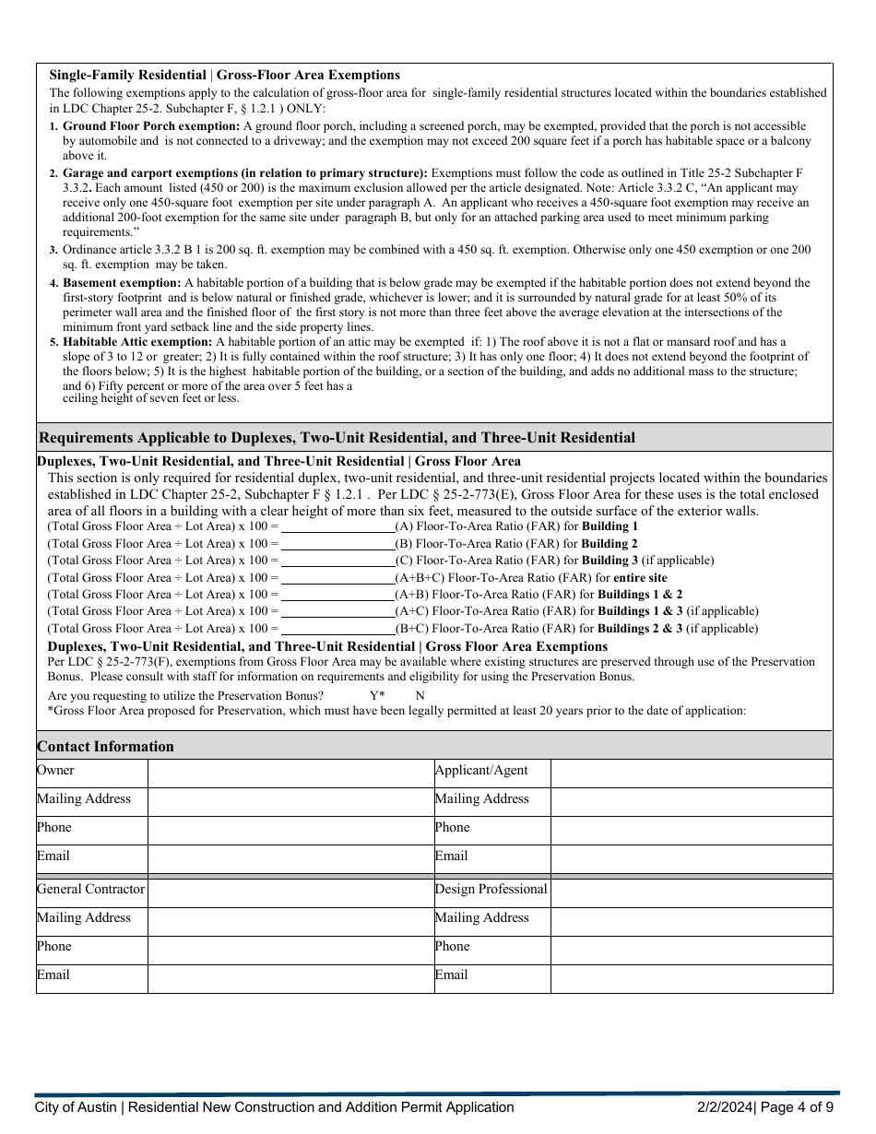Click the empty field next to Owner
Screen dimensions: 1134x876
tap(290, 773)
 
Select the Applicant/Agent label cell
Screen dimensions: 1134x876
tap(480, 771)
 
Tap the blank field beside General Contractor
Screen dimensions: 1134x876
tap(290, 892)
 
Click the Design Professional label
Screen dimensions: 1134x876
tap(491, 890)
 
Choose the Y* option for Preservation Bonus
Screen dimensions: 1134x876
tap(377, 695)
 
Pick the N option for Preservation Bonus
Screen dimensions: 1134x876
tap(420, 695)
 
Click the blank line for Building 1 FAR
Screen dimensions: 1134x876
tap(337, 526)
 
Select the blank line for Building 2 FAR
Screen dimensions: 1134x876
tap(337, 544)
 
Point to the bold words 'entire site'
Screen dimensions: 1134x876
tap(640, 578)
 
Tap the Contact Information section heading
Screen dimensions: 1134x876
tap(105, 747)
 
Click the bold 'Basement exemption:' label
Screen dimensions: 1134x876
tap(122, 283)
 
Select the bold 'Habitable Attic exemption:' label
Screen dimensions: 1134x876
tap(137, 342)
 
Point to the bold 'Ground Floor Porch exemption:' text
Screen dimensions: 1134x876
tap(151, 125)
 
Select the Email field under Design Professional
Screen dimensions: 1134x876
tap(692, 977)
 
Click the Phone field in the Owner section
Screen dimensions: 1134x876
tap(290, 830)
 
